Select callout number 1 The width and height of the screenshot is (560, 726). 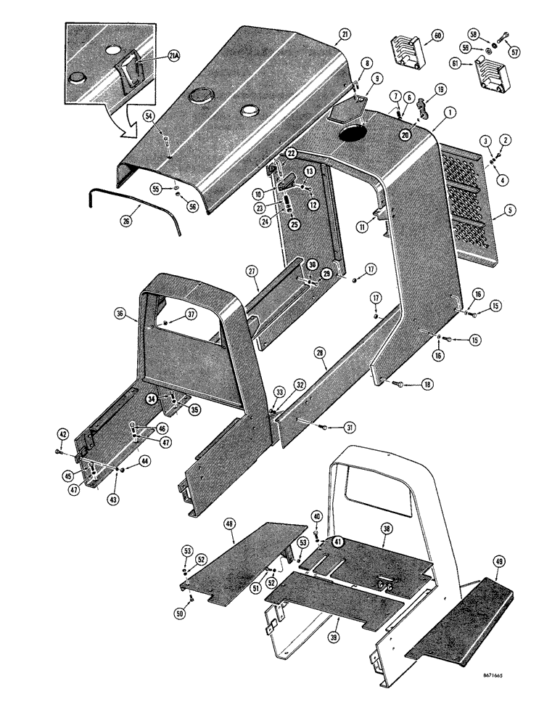point(450,113)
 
